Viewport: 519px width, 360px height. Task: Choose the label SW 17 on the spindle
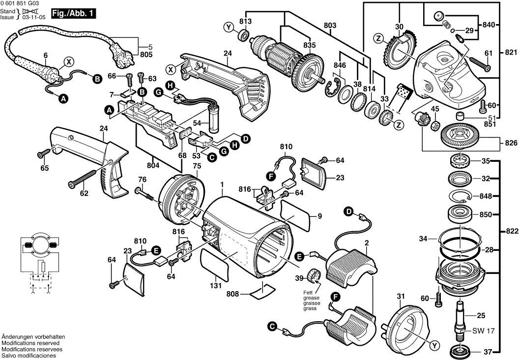483,330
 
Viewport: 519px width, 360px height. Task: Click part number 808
233,294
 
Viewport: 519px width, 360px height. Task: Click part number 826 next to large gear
511,143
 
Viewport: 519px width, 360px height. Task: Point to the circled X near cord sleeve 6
69,61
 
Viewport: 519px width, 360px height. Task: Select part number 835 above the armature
309,45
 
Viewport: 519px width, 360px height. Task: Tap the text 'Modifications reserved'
30,342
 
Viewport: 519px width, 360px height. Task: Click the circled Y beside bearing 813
228,27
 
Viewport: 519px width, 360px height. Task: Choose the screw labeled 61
488,53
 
